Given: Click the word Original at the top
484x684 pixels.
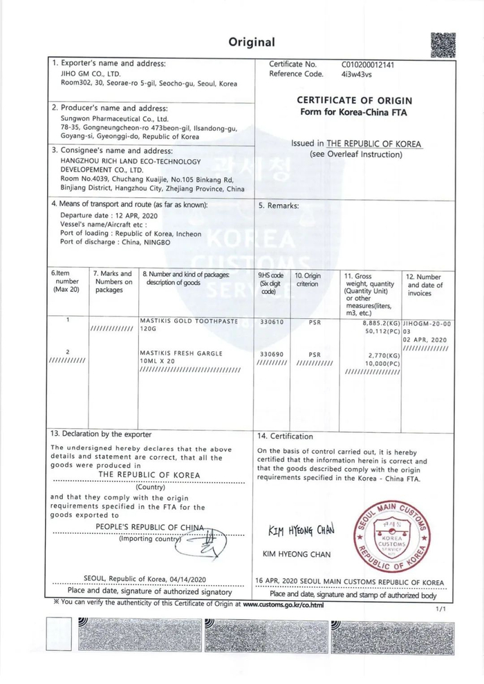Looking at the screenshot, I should click(x=252, y=42).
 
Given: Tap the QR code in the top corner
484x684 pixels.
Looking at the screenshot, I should click(x=443, y=45).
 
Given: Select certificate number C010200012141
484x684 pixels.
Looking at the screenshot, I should click(x=370, y=64).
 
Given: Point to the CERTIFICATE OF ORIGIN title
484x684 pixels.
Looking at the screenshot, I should click(x=355, y=100).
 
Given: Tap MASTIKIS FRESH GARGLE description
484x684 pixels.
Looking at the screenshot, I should click(x=181, y=353).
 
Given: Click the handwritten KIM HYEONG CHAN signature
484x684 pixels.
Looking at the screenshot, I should click(x=301, y=530).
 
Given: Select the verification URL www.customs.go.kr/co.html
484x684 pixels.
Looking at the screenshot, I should click(x=283, y=603).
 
